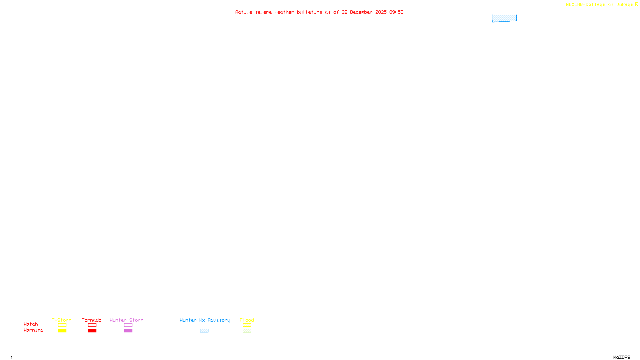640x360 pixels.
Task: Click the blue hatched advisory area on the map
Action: coord(504,18)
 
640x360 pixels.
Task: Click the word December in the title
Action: coord(361,12)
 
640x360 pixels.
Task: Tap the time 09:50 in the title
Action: coord(396,12)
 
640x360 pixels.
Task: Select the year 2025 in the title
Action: coord(381,12)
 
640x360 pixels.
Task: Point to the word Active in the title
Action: coord(244,12)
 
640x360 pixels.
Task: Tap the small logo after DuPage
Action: coord(636,4)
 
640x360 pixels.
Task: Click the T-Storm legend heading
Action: coord(62,320)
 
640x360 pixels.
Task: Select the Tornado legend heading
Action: coord(92,320)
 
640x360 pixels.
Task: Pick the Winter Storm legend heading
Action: coord(126,320)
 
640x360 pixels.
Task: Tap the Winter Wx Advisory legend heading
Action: coord(205,320)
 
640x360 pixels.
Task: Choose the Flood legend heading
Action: coord(247,320)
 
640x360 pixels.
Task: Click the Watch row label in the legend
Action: coord(31,324)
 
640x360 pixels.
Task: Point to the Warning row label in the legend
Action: coord(33,330)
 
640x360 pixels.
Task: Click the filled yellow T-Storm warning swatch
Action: coord(62,331)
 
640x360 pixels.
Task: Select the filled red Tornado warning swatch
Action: coord(92,331)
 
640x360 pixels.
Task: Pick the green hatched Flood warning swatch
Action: coord(247,331)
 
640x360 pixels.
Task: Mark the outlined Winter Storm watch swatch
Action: coord(128,325)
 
